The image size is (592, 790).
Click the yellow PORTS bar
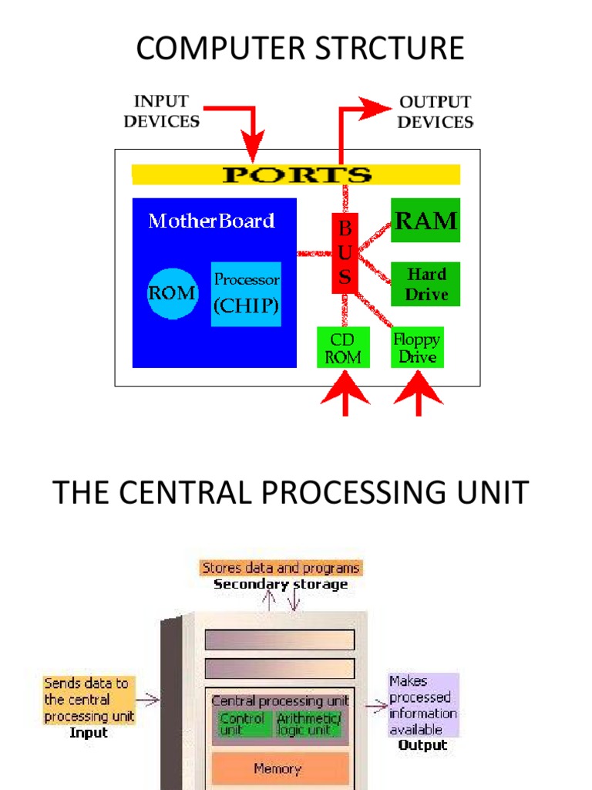pos(296,174)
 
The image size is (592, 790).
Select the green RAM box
pos(425,221)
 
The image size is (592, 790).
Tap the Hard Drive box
pos(425,284)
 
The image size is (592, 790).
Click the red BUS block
pos(345,253)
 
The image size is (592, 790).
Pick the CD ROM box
pos(343,348)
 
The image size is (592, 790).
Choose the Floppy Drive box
pos(417,348)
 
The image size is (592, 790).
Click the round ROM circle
pos(172,293)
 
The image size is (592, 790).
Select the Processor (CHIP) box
pos(246,293)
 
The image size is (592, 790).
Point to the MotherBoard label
pos(211,221)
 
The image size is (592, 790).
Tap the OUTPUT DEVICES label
pos(436,112)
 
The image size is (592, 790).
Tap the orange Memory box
pos(277,768)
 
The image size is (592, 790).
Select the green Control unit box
pos(242,724)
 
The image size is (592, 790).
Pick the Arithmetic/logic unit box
pos(308,724)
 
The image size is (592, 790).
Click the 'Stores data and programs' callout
pos(281,568)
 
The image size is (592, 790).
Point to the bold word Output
pos(422,745)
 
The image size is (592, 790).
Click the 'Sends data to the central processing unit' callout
pos(89,700)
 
